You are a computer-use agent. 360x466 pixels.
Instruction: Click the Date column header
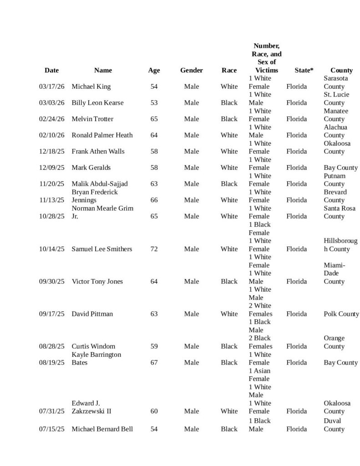[x=51, y=70]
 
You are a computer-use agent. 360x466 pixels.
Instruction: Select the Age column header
[x=154, y=70]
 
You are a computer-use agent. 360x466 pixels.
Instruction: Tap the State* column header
[x=304, y=70]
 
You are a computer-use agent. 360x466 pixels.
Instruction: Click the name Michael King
[x=91, y=86]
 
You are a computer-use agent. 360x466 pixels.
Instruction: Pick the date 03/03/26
[x=51, y=103]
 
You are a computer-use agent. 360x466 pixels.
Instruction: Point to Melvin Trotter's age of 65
[x=154, y=119]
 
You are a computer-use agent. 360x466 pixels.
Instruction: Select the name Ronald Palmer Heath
[x=102, y=135]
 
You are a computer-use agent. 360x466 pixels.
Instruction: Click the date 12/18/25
[x=51, y=151]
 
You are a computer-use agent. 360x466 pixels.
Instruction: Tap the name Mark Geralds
[x=91, y=167]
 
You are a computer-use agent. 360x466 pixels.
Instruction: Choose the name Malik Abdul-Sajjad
[x=100, y=184]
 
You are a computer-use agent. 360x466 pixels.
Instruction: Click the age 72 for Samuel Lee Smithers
[x=154, y=249]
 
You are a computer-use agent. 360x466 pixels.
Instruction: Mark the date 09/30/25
[x=51, y=281]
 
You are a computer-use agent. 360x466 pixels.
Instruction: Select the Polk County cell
[x=341, y=314]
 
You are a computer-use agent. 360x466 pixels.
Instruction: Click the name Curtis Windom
[x=93, y=346]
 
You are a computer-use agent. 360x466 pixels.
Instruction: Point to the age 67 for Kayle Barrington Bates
[x=154, y=363]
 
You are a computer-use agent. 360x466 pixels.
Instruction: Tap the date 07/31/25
[x=51, y=411]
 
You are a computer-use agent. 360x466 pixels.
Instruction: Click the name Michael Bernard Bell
[x=102, y=429]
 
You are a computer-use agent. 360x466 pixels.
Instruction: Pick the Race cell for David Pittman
[x=229, y=314]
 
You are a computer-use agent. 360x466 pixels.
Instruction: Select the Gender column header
[x=191, y=70]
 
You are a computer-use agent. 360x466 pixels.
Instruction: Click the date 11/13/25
[x=51, y=200]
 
